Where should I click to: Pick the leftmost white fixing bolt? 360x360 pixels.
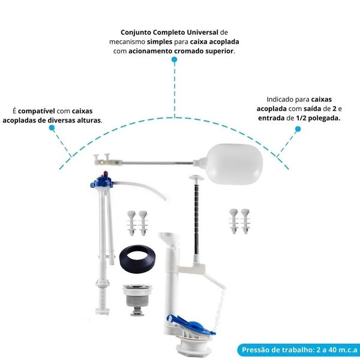coord(131,221)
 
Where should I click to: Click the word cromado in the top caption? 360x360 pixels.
coord(182,51)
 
